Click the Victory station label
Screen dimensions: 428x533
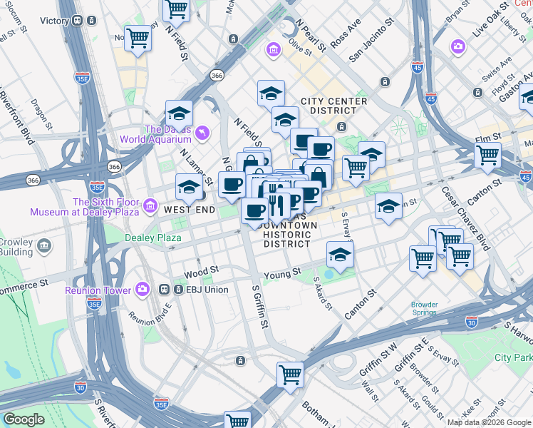tap(53, 21)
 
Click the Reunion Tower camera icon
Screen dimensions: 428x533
tap(143, 290)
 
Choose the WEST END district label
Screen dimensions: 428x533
tap(189, 210)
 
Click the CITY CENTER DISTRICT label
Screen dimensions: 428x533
tap(333, 106)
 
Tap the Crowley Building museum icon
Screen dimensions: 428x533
tap(44, 247)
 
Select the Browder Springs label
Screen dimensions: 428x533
tap(424, 308)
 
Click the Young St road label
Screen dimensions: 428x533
tap(282, 274)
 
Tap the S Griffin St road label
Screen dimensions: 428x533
tap(260, 307)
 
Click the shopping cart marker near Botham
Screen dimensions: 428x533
tap(290, 374)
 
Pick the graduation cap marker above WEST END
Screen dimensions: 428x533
tap(187, 188)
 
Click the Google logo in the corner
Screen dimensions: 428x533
tap(24, 419)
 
